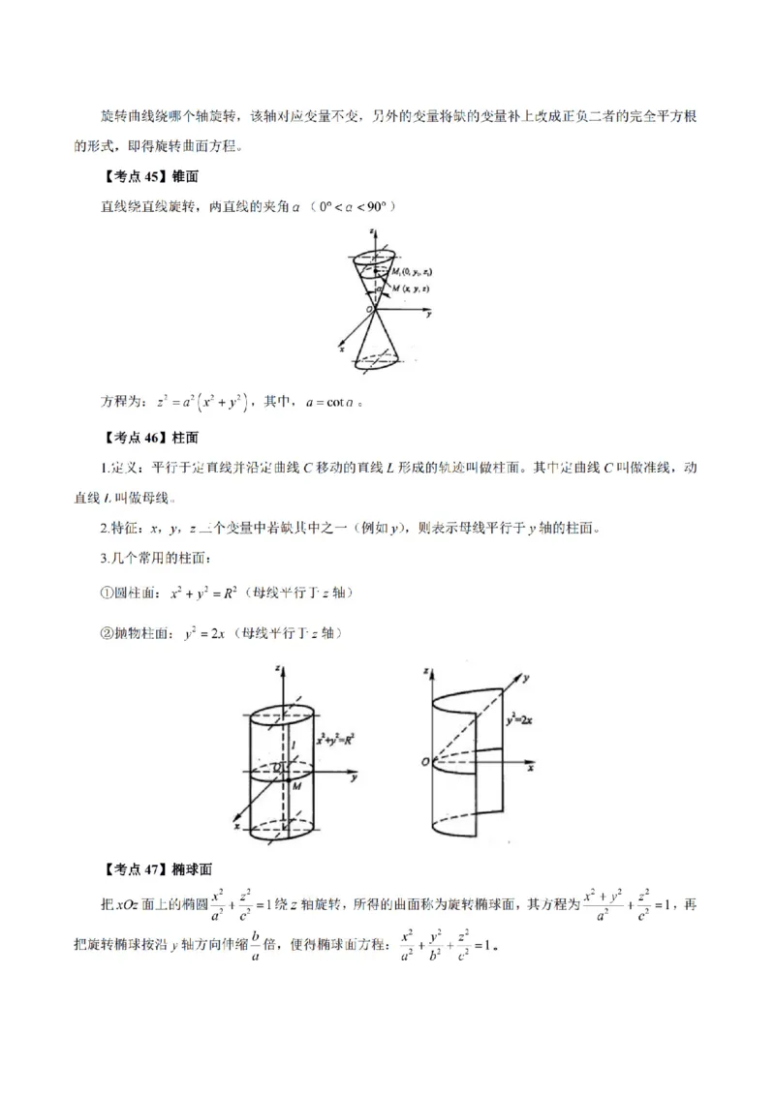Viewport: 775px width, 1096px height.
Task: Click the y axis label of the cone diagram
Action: [427, 315]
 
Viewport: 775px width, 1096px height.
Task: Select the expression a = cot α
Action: [331, 402]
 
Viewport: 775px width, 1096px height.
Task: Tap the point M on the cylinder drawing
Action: [296, 786]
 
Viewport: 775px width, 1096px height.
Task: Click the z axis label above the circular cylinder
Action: [277, 668]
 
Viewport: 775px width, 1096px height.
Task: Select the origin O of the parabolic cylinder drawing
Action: [424, 763]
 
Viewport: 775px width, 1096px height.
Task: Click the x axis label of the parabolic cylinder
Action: [532, 767]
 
